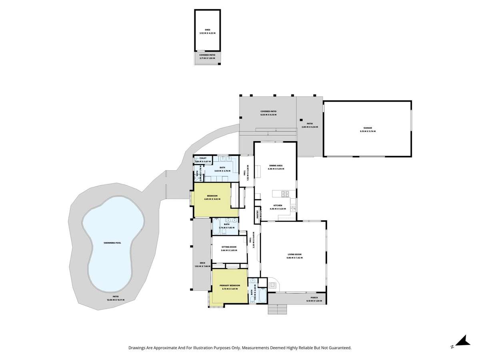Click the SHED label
click(207, 30)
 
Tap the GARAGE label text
click(368, 128)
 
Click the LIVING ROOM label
click(294, 254)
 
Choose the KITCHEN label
click(278, 205)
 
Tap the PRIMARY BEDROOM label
click(230, 285)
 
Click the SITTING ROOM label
click(229, 247)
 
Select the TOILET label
click(203, 158)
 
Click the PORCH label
click(314, 297)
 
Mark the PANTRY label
click(256, 214)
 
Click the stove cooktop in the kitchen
click(285, 194)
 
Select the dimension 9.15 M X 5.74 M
click(368, 131)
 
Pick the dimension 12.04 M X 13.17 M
click(115, 300)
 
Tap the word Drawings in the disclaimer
click(138, 348)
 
